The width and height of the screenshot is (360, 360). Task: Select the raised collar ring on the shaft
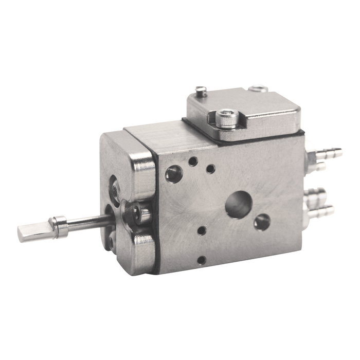(x=61, y=226)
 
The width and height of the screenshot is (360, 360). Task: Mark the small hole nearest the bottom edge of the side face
(x=202, y=260)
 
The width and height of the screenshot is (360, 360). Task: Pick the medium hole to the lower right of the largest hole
(x=262, y=222)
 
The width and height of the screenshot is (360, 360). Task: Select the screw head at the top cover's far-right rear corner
(x=258, y=88)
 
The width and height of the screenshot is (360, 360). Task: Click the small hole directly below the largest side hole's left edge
(x=202, y=230)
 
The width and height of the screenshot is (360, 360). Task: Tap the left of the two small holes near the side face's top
(x=193, y=161)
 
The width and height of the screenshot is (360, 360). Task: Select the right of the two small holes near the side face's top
(x=210, y=168)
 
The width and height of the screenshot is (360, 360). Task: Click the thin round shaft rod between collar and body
(x=90, y=222)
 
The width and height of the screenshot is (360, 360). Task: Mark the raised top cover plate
(x=242, y=113)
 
